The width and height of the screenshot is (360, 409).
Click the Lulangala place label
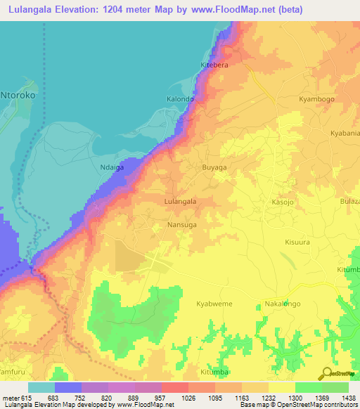point(179,201)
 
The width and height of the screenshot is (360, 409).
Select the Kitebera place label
point(215,65)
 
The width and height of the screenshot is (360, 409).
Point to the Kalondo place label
point(180,99)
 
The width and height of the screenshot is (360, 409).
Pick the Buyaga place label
point(214,168)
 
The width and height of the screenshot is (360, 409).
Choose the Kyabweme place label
point(214,304)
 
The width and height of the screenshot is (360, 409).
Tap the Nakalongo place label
point(283,304)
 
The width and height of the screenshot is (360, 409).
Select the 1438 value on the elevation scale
point(348,398)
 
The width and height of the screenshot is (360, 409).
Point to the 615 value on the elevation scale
point(26,398)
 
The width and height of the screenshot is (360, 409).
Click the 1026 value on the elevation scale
point(188,398)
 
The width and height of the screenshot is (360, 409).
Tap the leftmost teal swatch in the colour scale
point(41,387)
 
